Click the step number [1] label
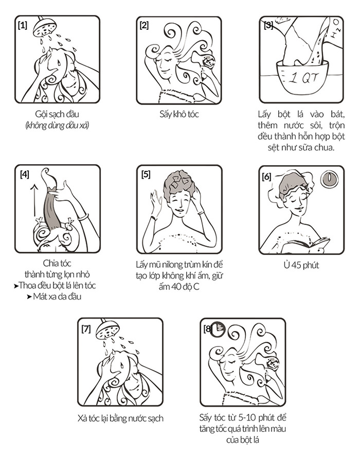point(22,25)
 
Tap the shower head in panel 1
point(45,27)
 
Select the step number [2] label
point(144,25)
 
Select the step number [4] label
point(25,175)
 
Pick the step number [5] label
point(146,175)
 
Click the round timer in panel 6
point(329,178)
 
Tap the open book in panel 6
point(306,246)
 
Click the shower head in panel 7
point(107,329)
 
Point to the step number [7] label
point(86,329)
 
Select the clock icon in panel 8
point(218,329)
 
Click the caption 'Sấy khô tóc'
point(179,114)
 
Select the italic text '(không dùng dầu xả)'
point(57,126)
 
